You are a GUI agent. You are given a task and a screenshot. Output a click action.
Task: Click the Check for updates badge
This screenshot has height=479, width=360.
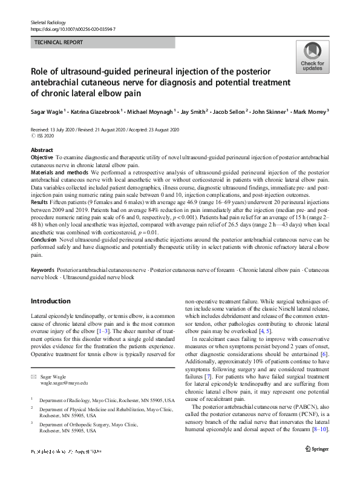click(x=312, y=58)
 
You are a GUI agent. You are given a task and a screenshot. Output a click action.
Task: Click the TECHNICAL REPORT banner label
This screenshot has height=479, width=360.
click(x=59, y=43)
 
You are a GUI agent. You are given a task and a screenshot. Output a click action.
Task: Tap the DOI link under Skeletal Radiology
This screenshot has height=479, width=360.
click(x=73, y=29)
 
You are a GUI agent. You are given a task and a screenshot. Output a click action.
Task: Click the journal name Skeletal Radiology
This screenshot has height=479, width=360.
click(x=47, y=22)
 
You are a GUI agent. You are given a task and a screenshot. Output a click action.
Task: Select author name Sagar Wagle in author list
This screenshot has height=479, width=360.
click(x=47, y=113)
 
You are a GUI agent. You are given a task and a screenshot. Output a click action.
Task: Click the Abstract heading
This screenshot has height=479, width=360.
click(x=42, y=150)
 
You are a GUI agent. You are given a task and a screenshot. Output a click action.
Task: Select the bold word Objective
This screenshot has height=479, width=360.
click(x=42, y=157)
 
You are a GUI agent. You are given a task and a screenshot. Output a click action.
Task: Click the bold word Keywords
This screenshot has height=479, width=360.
click(x=42, y=268)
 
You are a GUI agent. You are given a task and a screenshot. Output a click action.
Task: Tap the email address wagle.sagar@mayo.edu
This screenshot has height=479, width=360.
click(x=64, y=383)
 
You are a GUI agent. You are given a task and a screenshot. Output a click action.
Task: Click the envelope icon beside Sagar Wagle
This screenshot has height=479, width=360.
click(x=34, y=376)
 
